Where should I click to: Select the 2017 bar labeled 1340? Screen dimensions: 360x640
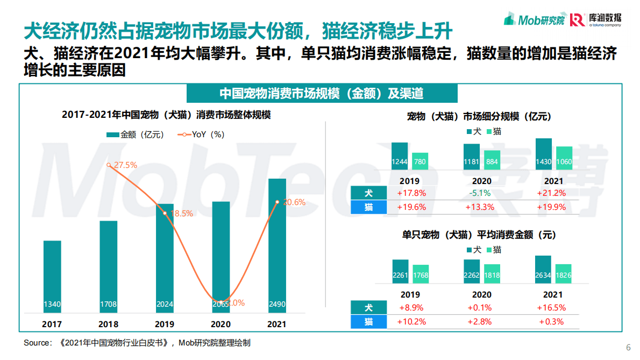[52, 277]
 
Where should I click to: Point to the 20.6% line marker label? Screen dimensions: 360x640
[294, 202]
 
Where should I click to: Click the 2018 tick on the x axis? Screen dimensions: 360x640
[108, 324]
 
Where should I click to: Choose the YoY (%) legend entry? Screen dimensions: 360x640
[201, 135]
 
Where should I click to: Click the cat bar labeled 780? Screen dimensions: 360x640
[420, 161]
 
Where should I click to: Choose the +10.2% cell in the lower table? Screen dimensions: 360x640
[411, 322]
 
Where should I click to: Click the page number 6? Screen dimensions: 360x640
[629, 347]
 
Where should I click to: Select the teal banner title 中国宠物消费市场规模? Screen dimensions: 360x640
[322, 93]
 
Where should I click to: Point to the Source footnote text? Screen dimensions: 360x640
[137, 343]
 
